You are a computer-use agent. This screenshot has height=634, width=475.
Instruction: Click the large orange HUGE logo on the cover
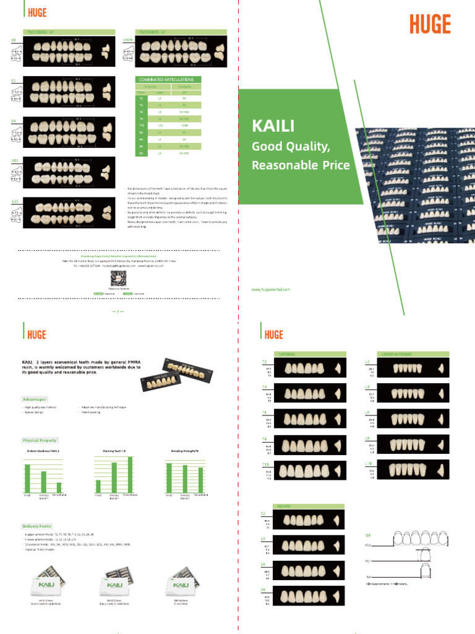click(x=430, y=24)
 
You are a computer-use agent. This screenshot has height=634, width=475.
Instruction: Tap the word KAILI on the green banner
click(x=273, y=126)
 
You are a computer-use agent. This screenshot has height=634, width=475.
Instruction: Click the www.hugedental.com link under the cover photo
click(x=271, y=289)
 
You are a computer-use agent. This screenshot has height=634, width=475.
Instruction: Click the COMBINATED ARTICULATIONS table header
click(x=166, y=80)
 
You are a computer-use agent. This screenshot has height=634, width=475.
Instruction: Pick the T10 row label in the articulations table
click(x=141, y=124)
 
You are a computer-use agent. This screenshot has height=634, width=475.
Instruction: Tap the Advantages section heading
click(x=35, y=399)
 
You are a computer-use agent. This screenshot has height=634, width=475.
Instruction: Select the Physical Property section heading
click(x=40, y=440)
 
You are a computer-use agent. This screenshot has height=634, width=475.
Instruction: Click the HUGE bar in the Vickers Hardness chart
click(x=27, y=477)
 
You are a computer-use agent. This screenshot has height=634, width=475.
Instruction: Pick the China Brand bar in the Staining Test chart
click(x=130, y=474)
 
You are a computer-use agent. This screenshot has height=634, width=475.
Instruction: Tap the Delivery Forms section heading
click(x=37, y=526)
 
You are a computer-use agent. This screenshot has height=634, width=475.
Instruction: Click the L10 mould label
click(x=368, y=463)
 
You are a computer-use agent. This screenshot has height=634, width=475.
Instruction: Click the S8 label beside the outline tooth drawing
click(x=369, y=534)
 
